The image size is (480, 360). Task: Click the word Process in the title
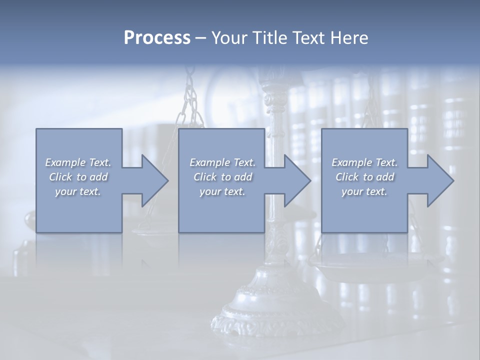pyautogui.click(x=157, y=38)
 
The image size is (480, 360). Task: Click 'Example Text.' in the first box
pyautogui.click(x=78, y=162)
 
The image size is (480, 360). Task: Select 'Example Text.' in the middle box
pyautogui.click(x=222, y=162)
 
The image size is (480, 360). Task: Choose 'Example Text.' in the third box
pyautogui.click(x=364, y=162)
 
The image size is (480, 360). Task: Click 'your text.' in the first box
pyautogui.click(x=78, y=191)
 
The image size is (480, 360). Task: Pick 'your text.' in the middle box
pyautogui.click(x=222, y=191)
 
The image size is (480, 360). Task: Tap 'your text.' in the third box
pyautogui.click(x=364, y=191)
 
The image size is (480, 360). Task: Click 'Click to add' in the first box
pyautogui.click(x=78, y=177)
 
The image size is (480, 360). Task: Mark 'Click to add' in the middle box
pyautogui.click(x=222, y=177)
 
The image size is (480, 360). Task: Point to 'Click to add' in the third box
pyautogui.click(x=364, y=177)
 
